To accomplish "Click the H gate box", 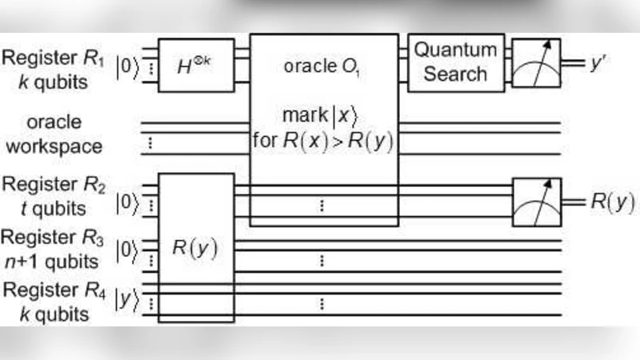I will pos(196,65).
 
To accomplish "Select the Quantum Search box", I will pos(455,62).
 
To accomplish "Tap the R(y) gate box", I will pos(196,246).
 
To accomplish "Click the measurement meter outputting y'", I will pos(537,63).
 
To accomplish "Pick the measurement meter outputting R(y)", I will pos(537,202).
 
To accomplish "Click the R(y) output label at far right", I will pos(613,202).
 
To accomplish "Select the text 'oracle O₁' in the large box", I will pos(324,65).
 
